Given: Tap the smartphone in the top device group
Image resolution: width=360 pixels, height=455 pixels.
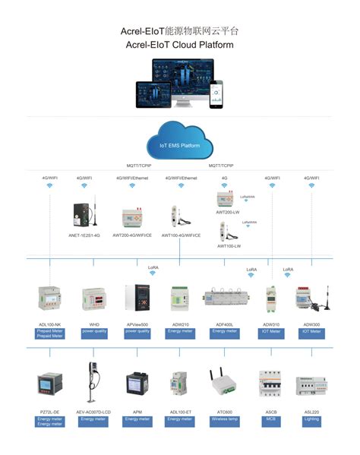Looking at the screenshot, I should coord(216,94).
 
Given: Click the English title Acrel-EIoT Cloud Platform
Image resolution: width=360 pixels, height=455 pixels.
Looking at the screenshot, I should coord(179,45).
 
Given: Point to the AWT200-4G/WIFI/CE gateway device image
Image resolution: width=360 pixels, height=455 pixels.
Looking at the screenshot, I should coord(131,219).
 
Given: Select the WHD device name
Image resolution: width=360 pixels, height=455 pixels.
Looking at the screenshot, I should coord(93,324).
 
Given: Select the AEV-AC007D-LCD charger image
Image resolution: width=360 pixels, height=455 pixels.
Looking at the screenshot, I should coord(92,380).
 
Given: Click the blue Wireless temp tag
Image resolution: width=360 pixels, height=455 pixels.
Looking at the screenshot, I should coord(225,419).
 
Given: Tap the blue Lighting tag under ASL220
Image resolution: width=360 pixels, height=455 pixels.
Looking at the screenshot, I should coord(311,419).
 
